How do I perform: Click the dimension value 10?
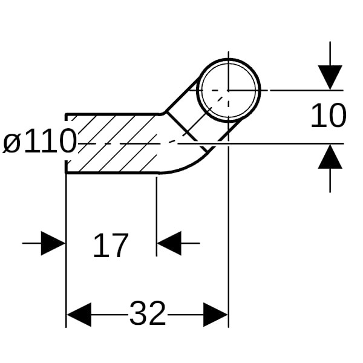pyautogui.click(x=328, y=116)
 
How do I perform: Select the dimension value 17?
pyautogui.click(x=111, y=246)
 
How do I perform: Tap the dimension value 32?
pyautogui.click(x=147, y=314)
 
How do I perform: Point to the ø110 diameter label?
pyautogui.click(x=40, y=143)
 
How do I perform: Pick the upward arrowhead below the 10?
pyautogui.click(x=330, y=157)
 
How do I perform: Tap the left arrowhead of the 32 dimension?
pyautogui.click(x=79, y=315)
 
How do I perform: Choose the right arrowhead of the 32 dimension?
pyautogui.click(x=215, y=315)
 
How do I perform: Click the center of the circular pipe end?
pyautogui.click(x=229, y=90)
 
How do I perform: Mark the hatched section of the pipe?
pyautogui.click(x=115, y=143)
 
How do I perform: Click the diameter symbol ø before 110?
pyautogui.click(x=13, y=143)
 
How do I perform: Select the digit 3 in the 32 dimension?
pyautogui.click(x=138, y=314)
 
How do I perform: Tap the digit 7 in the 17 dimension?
pyautogui.click(x=119, y=246)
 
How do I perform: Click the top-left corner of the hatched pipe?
pyautogui.click(x=66, y=114)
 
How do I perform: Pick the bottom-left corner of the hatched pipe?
pyautogui.click(x=66, y=173)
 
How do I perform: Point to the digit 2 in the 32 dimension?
pyautogui.click(x=157, y=314)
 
